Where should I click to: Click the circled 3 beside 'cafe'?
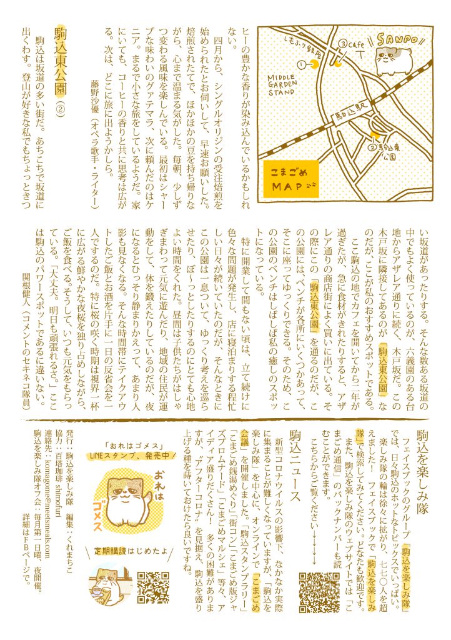342,43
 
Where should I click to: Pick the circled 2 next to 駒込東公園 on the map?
372,148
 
